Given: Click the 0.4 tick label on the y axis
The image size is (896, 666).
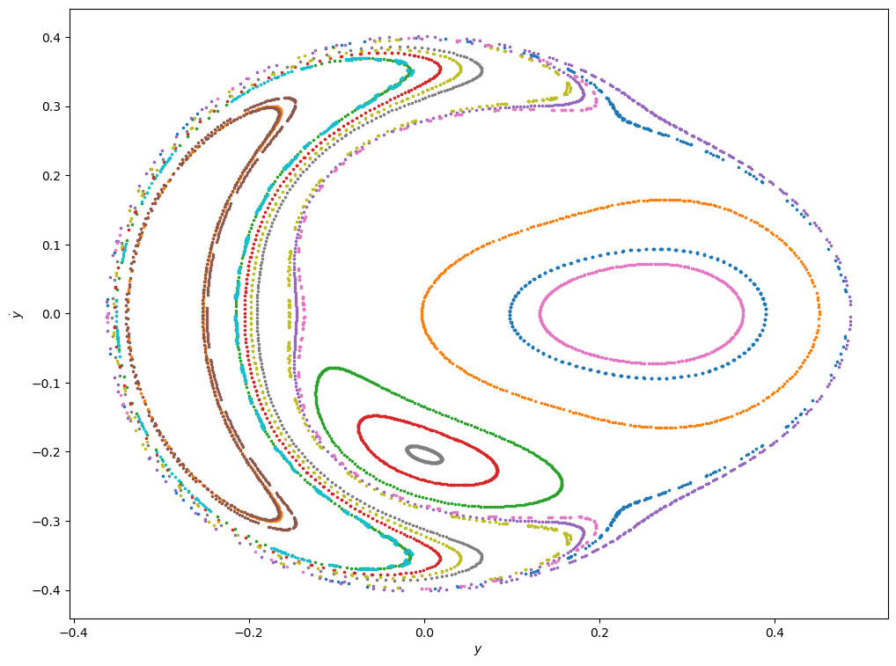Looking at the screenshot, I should [51, 37].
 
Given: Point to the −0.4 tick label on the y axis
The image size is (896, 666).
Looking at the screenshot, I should [48, 590].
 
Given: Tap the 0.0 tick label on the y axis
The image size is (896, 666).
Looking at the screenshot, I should [51, 314].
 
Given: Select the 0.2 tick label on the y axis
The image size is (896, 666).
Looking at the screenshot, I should [51, 176].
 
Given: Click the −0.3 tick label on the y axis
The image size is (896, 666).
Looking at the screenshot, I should [48, 521].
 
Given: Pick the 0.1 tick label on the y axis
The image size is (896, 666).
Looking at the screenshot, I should [51, 245].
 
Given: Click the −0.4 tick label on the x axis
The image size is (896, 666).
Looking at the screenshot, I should [73, 632].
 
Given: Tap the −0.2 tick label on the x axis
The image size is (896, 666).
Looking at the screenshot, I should [248, 632].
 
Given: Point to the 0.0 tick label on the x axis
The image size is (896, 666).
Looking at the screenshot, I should [424, 632].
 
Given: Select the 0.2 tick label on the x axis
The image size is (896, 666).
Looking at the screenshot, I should [599, 632].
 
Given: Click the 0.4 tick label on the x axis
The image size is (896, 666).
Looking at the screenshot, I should [775, 632].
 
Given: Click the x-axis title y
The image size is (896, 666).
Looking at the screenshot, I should [478, 649].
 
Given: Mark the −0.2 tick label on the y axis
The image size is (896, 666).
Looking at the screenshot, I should [48, 452].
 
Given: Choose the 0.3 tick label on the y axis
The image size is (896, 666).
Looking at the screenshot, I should [51, 106].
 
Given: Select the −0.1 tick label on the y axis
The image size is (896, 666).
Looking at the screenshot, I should [48, 383].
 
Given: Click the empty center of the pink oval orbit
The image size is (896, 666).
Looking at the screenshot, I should [642, 313].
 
